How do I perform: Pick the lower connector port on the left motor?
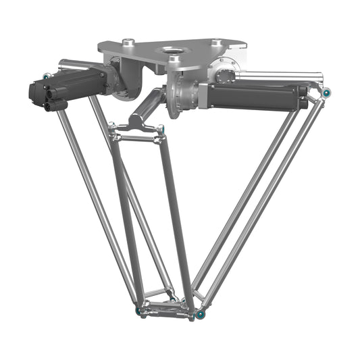pyautogui.click(x=54, y=105)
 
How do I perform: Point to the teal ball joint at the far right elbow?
pyautogui.click(x=326, y=92)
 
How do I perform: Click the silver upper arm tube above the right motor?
pyautogui.click(x=277, y=75)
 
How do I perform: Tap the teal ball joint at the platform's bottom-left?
pyautogui.click(x=140, y=311)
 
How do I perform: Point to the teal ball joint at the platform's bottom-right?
pyautogui.click(x=201, y=314)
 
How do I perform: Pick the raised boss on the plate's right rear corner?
pyautogui.click(x=216, y=43)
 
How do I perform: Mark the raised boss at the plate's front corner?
pyautogui.click(x=175, y=60)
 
